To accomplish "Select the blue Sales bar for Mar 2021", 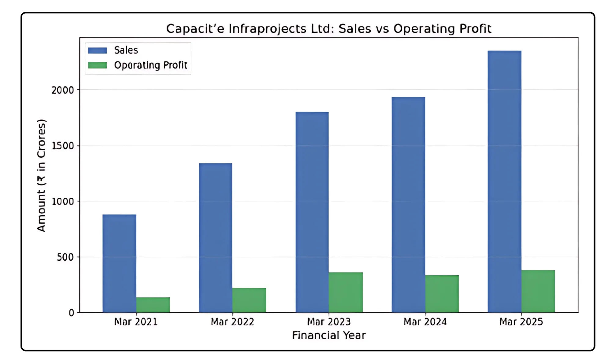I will pos(119,263).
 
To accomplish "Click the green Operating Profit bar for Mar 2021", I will pos(153,305).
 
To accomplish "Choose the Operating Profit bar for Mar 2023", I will pos(346,292).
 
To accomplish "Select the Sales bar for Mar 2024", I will pos(408,204).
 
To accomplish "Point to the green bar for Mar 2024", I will pos(442,294).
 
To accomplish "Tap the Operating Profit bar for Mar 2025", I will pos(538,291).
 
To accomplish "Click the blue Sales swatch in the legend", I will pos(97,50).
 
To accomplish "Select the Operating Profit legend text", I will pos(150,65).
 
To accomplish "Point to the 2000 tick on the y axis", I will pos(63,90).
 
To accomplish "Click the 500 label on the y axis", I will pos(65,257).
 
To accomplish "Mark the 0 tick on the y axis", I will pos(71,313).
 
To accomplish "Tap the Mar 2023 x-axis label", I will pos(329,322).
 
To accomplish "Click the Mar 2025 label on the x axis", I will pos(521,322).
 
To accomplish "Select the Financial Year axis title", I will pos(329,335).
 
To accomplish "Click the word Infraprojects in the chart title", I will pos(267,29).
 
